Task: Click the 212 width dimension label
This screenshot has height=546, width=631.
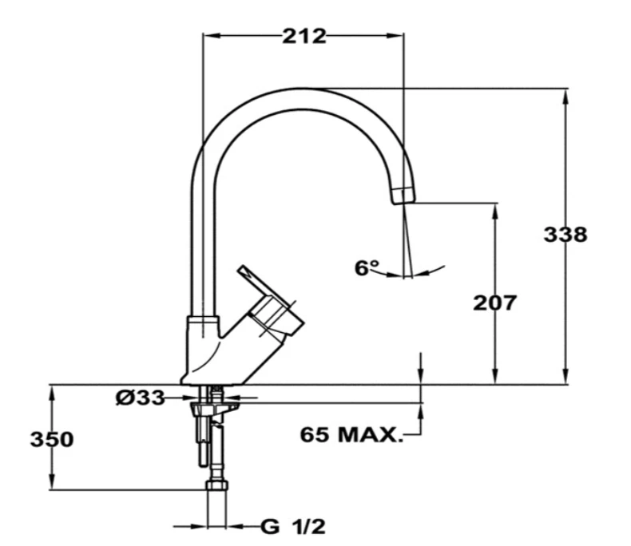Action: point(304,36)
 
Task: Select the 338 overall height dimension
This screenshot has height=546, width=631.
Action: point(566,235)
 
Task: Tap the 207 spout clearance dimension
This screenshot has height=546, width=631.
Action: point(495,303)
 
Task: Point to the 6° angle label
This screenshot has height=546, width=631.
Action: point(367,267)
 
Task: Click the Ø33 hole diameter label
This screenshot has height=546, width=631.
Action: point(140,397)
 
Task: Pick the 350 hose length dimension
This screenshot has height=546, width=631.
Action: point(52,439)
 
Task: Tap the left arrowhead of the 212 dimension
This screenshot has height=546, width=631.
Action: point(209,35)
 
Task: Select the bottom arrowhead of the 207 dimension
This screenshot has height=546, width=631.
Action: point(495,379)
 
